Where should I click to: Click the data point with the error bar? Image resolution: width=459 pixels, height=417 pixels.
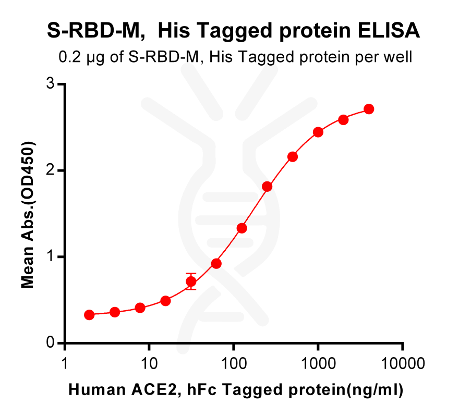[191, 282]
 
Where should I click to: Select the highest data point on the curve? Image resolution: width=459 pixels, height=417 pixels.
[369, 109]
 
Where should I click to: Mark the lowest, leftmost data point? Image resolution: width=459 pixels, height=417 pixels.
[89, 315]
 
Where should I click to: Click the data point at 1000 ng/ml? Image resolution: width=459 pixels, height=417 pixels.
[318, 132]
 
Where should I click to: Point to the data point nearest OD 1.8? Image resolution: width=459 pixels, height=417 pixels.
[267, 186]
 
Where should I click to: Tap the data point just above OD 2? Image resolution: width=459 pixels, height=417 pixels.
[293, 156]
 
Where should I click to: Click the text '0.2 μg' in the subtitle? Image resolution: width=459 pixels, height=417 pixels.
[75, 57]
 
